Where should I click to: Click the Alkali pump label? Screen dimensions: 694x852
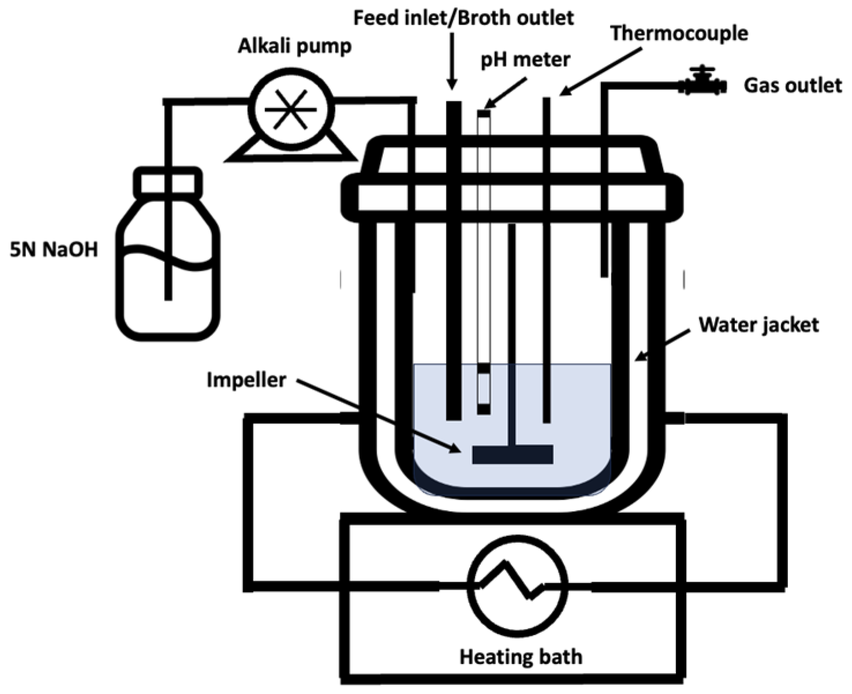(x=294, y=46)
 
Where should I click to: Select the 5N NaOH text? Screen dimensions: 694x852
(x=54, y=249)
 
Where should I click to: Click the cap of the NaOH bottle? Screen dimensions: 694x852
(x=168, y=182)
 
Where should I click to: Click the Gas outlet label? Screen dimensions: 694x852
(x=792, y=85)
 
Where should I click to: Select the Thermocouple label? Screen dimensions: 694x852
(x=679, y=33)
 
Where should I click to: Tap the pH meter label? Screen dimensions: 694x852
(x=525, y=59)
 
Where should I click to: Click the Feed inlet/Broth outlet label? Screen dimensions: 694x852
(x=464, y=18)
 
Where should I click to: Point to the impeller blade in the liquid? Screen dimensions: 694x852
(x=512, y=454)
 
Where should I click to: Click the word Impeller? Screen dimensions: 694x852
(x=246, y=380)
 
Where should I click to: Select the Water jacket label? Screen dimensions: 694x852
(x=758, y=324)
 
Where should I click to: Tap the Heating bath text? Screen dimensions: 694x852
(x=520, y=656)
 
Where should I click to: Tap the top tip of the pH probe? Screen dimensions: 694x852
(x=484, y=113)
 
